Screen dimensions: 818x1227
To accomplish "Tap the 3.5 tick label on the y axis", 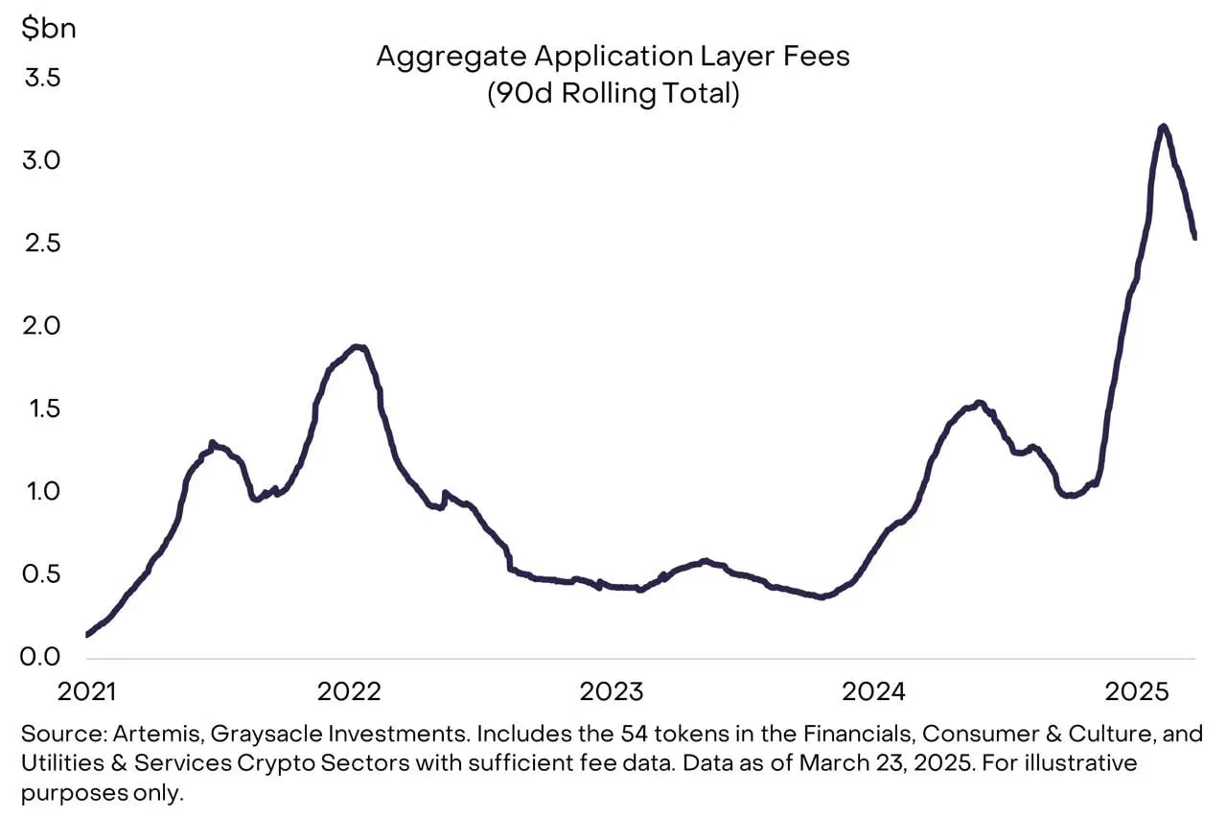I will point(41,78).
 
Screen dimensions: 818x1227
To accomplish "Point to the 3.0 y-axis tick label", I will point(41,160).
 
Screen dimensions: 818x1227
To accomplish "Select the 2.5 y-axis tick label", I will point(41,243).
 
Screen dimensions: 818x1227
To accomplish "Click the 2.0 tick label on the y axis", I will point(41,326).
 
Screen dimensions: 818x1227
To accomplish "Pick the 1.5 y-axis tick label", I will point(41,409).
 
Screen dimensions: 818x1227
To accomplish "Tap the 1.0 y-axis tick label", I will point(41,491).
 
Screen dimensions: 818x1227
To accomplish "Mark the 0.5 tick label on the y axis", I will point(41,574).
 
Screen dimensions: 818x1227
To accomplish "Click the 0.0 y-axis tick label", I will point(41,657).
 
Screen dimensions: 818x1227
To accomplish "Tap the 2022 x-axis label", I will point(349,691).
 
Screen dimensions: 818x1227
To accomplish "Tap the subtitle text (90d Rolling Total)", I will point(613,95).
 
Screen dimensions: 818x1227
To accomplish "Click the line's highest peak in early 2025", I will point(1163,127).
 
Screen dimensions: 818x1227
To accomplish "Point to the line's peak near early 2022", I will point(359,346).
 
